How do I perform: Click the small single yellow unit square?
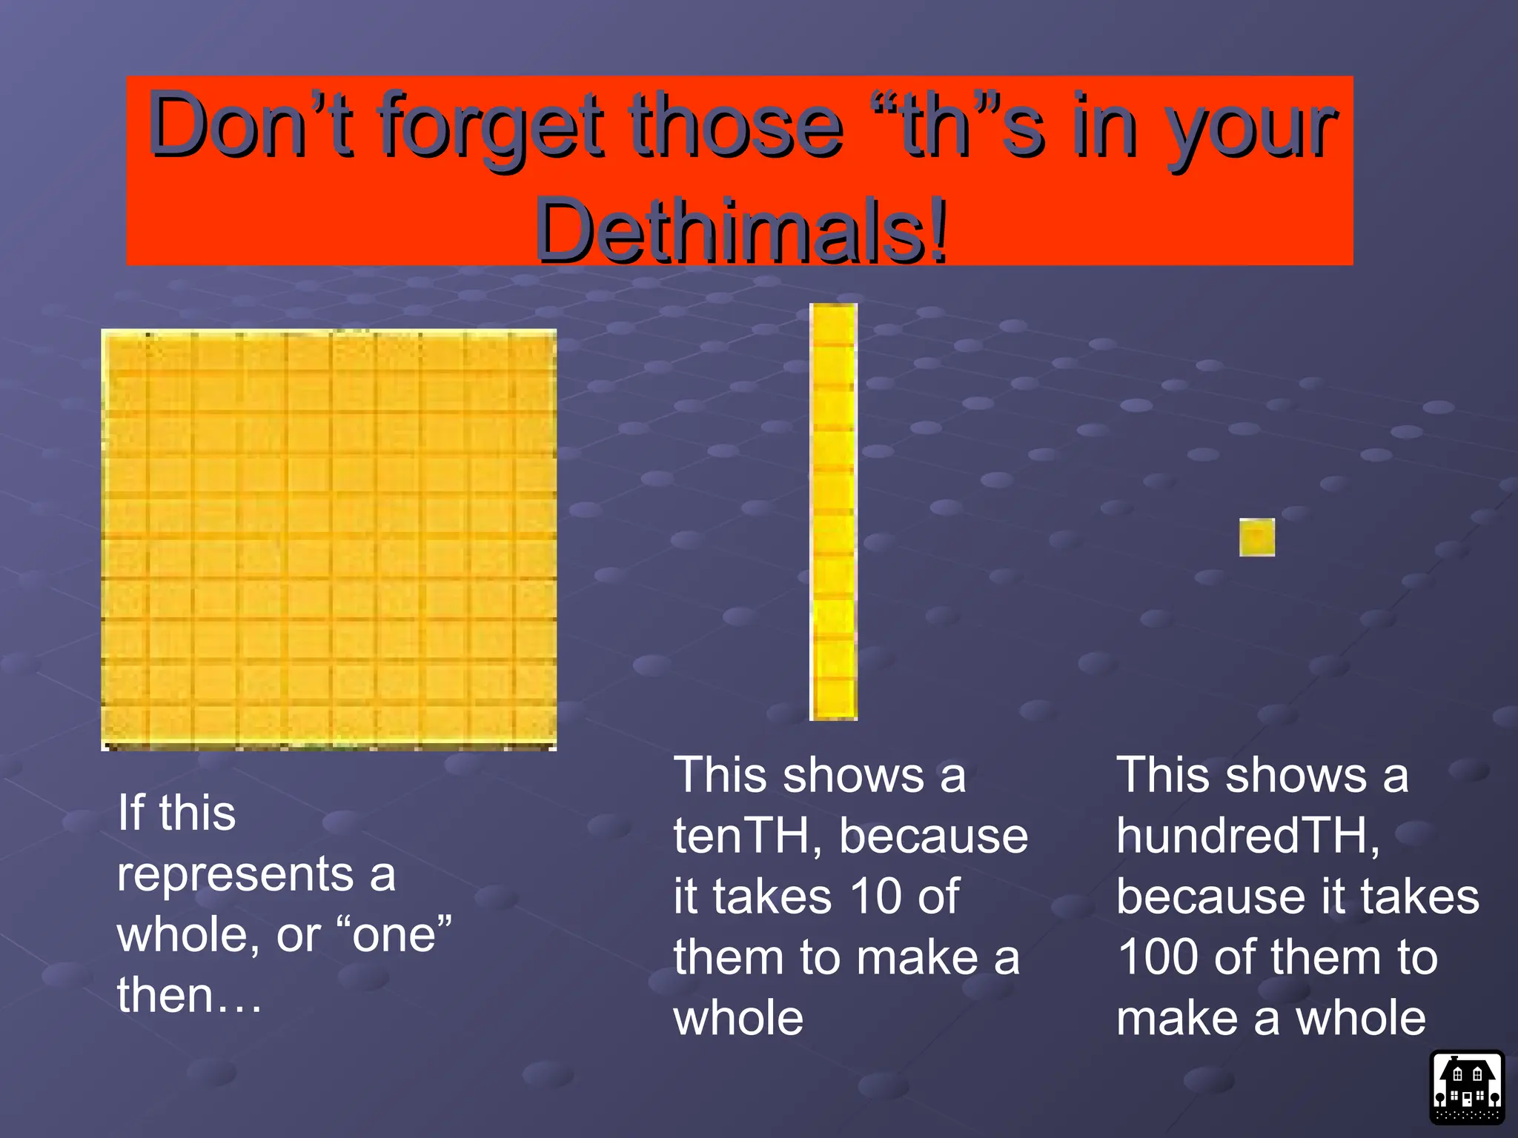point(1257,537)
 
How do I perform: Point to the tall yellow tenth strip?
point(834,511)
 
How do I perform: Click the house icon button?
point(1467,1087)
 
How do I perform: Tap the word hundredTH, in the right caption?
point(1247,836)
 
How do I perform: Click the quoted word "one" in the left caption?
point(394,934)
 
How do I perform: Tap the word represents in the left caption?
point(235,874)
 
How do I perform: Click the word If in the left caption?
point(130,813)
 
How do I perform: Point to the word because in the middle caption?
point(933,836)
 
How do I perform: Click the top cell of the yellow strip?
point(834,325)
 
